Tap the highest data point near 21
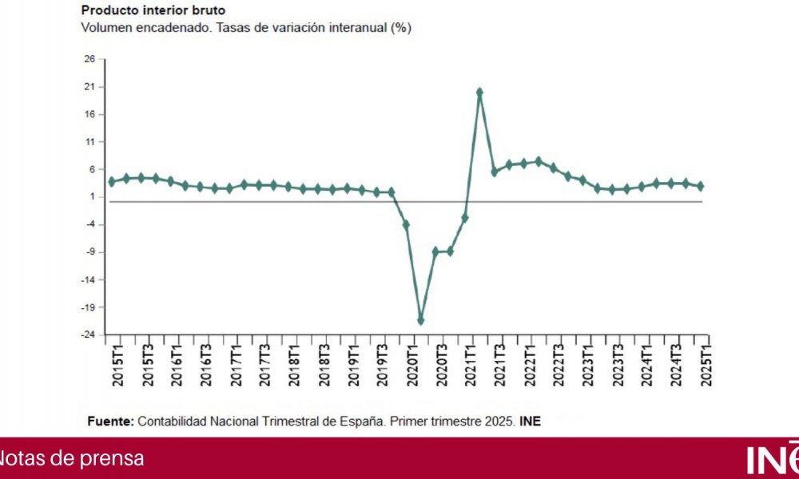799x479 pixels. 479,93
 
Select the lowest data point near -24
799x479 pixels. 421,320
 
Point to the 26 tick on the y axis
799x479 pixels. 89,59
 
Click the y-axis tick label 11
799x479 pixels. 89,142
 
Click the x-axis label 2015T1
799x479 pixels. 117,363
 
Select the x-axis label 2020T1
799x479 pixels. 413,363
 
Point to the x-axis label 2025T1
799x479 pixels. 706,363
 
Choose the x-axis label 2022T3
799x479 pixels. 559,363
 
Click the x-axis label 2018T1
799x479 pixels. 295,363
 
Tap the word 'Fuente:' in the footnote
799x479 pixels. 110,421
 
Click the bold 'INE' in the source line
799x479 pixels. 530,421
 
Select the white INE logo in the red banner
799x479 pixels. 772,458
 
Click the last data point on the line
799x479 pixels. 701,186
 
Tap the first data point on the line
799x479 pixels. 112,181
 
